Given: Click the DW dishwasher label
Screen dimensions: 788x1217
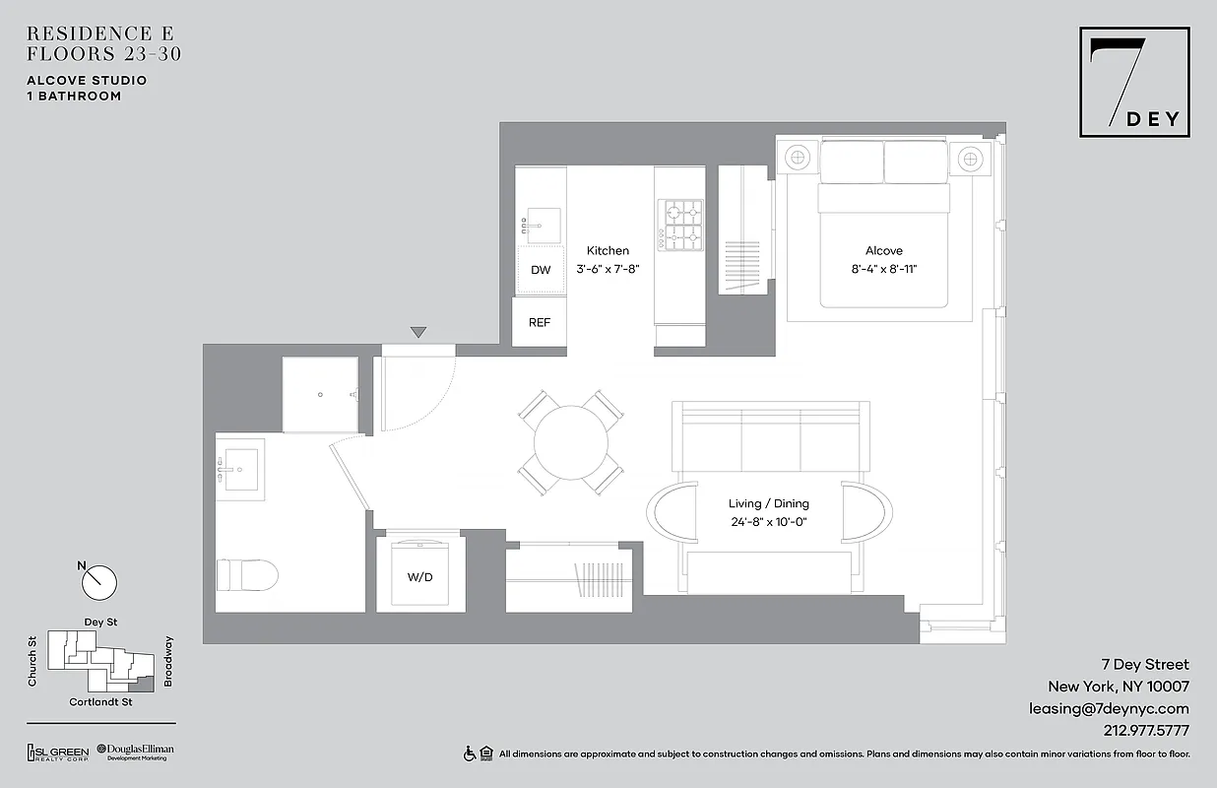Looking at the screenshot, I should tap(541, 270).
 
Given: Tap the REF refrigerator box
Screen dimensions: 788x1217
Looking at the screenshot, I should tap(540, 322).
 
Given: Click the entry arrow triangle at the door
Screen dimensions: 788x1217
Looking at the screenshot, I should tap(418, 333).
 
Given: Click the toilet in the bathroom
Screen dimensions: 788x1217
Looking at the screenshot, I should tap(246, 573).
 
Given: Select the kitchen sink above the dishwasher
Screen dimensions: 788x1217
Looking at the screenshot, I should tap(541, 225).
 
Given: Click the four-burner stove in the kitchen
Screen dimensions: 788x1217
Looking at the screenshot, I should tap(681, 226).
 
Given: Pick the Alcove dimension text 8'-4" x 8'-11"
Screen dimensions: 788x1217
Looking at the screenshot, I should tap(883, 268).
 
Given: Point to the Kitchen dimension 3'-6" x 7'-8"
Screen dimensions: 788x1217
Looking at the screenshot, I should tap(608, 268).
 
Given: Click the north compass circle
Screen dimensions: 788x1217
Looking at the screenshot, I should tap(99, 582).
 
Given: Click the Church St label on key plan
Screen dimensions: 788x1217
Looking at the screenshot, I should tap(32, 662).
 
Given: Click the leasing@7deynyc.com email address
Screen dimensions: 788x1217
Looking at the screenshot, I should tap(1109, 708).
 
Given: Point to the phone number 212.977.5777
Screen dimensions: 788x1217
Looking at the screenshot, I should tap(1140, 731).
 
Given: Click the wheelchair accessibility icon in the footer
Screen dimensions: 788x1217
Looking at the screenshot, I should tap(470, 754).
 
